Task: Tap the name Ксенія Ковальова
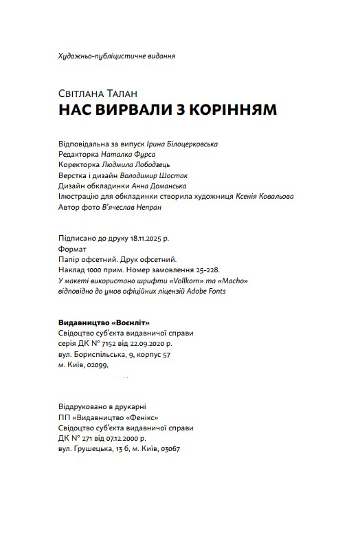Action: [x=266, y=196]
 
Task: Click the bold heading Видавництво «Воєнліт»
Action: [x=104, y=322]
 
